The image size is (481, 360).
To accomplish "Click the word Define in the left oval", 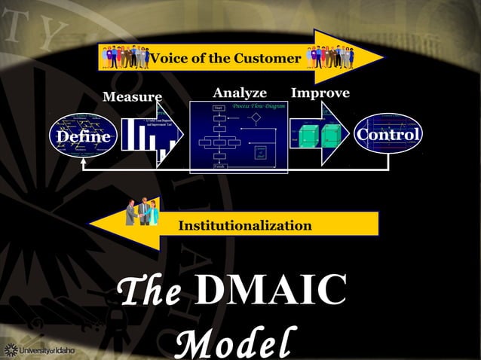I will [x=80, y=137].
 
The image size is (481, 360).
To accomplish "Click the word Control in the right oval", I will [x=388, y=135].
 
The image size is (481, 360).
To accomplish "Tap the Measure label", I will [x=132, y=97].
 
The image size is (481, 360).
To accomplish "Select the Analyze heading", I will [x=240, y=93].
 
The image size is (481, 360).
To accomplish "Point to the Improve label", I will [x=320, y=93].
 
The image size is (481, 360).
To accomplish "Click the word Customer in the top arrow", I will [x=267, y=59].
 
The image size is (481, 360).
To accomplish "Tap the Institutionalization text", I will [x=245, y=225].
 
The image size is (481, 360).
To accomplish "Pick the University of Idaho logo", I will [x=41, y=349].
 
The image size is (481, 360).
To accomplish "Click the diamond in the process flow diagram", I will [x=256, y=118].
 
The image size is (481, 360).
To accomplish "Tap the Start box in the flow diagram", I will [x=219, y=108].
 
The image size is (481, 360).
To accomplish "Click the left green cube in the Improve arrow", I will [x=309, y=136].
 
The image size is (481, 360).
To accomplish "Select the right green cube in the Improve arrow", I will [x=330, y=136].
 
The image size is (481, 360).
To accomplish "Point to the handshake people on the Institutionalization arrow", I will [x=142, y=213].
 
